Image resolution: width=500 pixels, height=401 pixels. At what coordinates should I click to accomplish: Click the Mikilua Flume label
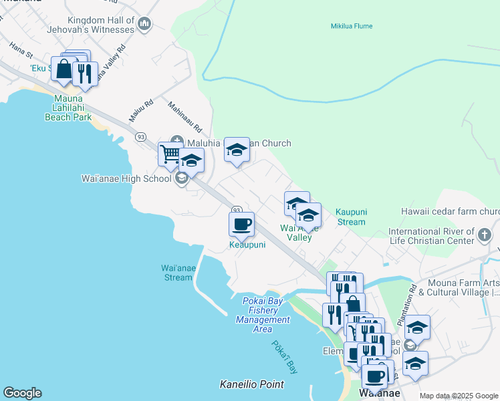point(351,26)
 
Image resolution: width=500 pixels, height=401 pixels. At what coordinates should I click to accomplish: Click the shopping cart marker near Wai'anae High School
point(170,154)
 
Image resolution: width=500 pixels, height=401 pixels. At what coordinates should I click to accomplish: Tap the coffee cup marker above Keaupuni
point(241,224)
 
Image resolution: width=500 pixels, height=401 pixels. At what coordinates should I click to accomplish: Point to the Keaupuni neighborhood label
point(247,245)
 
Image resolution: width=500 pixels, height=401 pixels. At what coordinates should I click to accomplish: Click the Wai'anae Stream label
point(178,273)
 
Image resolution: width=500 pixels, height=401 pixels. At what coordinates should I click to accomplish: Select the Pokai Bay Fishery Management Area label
point(263,315)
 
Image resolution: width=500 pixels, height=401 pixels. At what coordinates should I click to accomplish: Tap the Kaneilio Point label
point(252,384)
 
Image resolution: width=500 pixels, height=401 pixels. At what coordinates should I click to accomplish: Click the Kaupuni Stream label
point(351,217)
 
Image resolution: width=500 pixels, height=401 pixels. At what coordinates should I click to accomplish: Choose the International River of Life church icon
point(484,235)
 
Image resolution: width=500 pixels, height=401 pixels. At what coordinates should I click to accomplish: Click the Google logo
point(22,393)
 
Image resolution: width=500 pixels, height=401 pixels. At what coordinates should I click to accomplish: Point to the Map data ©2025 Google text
point(458,396)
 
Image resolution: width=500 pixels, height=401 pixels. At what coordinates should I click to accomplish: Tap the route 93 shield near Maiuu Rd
point(140,136)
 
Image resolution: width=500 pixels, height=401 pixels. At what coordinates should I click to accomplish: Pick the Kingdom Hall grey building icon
point(144,25)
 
